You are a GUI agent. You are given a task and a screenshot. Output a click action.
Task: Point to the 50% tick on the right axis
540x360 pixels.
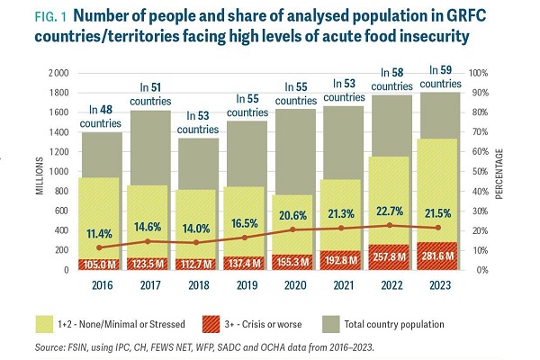pyautogui.click(x=484, y=171)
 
